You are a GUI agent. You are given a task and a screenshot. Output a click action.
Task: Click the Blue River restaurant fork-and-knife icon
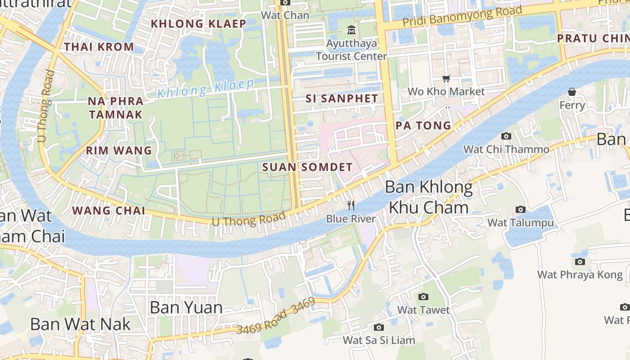point(351,206)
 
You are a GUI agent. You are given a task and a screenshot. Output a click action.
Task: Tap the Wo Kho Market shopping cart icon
point(446,79)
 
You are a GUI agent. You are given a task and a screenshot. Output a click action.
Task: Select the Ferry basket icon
point(572,92)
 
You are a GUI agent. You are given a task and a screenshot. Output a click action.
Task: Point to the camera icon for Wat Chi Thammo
point(506,136)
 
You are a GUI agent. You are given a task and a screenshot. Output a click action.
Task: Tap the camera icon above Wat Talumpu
point(521,209)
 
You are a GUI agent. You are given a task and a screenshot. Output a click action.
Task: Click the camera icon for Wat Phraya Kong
point(580,261)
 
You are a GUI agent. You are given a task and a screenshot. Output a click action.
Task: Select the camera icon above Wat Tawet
point(423,297)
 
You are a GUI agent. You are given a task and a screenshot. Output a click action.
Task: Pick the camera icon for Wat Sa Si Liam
point(379,327)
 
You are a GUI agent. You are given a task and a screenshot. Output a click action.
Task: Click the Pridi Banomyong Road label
point(462,16)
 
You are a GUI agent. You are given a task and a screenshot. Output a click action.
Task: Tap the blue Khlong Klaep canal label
point(206,88)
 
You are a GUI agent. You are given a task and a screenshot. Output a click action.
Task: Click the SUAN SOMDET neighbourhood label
point(307,167)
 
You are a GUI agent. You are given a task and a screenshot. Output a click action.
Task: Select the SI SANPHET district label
point(342,99)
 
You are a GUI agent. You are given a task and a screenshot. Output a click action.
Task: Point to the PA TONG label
point(423,126)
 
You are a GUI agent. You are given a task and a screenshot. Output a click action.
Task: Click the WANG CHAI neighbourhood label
point(108,211)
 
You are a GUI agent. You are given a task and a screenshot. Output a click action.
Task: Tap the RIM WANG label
point(119,150)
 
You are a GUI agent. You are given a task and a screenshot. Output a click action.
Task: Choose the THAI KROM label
point(99,47)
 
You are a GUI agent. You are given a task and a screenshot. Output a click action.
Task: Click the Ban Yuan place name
point(186,308)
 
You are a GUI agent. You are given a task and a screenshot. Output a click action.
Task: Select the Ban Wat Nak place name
point(80,324)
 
